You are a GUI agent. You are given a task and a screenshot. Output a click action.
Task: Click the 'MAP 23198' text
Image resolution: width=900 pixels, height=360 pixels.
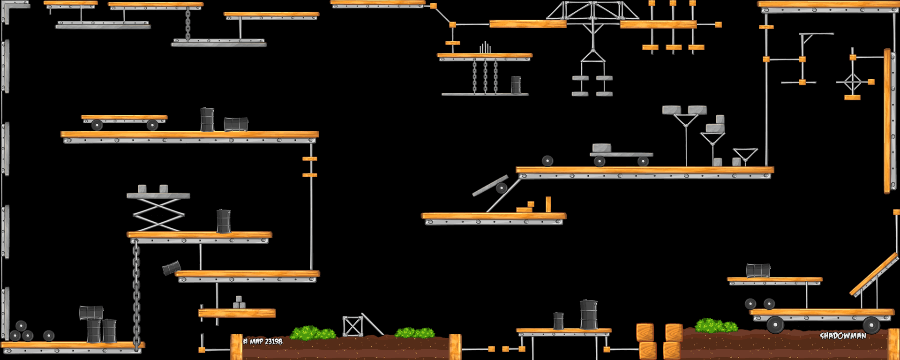click(263, 341)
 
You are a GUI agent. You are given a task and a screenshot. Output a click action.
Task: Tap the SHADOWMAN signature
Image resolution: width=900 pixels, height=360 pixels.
click(842, 336)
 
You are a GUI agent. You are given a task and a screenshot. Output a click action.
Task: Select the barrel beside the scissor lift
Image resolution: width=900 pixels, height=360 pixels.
click(224, 221)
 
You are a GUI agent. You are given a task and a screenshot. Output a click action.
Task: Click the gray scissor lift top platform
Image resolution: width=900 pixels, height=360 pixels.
click(158, 196)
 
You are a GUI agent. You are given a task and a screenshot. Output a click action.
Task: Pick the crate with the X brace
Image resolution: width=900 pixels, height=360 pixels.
click(352, 326)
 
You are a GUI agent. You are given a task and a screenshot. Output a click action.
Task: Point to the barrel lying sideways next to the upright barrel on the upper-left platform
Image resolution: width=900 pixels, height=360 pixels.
click(236, 124)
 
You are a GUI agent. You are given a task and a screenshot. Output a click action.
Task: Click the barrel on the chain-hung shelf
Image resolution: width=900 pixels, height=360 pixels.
click(516, 85)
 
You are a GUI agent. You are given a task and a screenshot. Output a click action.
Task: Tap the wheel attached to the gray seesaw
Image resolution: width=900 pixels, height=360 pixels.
click(502, 188)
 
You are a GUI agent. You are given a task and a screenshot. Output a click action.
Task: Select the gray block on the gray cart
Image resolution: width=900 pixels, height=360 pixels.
click(602, 148)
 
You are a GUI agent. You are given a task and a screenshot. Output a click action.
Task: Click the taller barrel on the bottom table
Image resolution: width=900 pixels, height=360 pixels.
click(589, 315)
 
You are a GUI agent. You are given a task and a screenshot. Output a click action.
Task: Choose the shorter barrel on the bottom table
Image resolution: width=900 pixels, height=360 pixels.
click(558, 321)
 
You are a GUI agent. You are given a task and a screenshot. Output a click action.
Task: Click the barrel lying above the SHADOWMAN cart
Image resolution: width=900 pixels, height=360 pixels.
click(758, 270)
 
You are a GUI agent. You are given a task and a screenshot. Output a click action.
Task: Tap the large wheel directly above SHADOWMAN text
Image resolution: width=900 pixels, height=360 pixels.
click(871, 325)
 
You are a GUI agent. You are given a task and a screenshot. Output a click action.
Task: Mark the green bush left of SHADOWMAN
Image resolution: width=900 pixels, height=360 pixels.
click(715, 325)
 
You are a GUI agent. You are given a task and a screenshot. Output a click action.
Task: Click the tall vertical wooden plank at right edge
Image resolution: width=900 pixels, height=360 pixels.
click(887, 121)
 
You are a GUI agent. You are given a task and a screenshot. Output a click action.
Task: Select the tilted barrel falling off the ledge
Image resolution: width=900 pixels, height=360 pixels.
click(171, 268)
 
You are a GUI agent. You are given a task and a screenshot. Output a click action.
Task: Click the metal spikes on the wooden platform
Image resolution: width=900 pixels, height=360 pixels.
click(485, 48)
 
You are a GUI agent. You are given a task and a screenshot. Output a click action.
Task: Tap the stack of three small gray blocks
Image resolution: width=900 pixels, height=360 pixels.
click(239, 303)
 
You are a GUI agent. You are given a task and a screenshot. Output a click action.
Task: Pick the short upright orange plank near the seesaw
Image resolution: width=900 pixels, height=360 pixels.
click(548, 204)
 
